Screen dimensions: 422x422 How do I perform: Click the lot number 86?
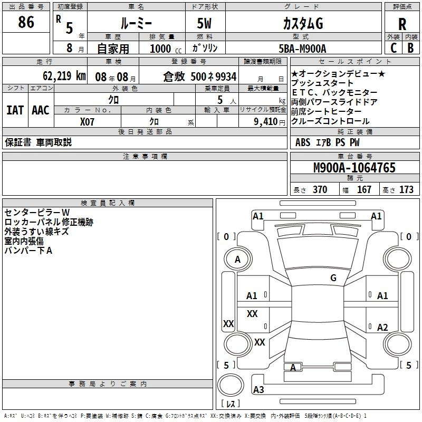[x=26, y=22]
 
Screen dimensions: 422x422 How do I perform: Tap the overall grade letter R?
[x=402, y=24]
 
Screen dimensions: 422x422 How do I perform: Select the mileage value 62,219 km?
[x=64, y=75]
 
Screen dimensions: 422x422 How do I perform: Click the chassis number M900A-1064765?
[x=354, y=168]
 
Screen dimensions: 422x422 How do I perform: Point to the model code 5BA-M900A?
[x=302, y=49]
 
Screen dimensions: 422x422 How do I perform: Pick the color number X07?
[x=87, y=122]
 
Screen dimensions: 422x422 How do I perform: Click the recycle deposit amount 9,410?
[x=266, y=121]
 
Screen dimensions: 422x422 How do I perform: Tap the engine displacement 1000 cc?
[x=166, y=49]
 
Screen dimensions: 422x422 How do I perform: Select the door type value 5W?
[x=204, y=23]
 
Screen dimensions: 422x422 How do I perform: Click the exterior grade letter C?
[x=394, y=48]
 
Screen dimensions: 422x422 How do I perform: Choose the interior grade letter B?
[x=410, y=48]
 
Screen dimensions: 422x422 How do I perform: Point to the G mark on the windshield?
[x=333, y=277]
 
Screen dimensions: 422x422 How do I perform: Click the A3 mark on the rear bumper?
[x=258, y=389]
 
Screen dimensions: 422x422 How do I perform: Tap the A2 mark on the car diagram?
[x=382, y=327]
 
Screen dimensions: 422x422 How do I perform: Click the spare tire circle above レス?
[x=231, y=385]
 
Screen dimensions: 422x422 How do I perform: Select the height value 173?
[x=406, y=189]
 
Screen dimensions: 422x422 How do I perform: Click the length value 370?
[x=320, y=189]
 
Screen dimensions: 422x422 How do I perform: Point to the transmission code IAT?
[x=15, y=110]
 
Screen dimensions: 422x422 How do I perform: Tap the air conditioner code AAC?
[x=41, y=110]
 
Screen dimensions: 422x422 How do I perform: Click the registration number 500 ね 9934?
[x=214, y=76]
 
